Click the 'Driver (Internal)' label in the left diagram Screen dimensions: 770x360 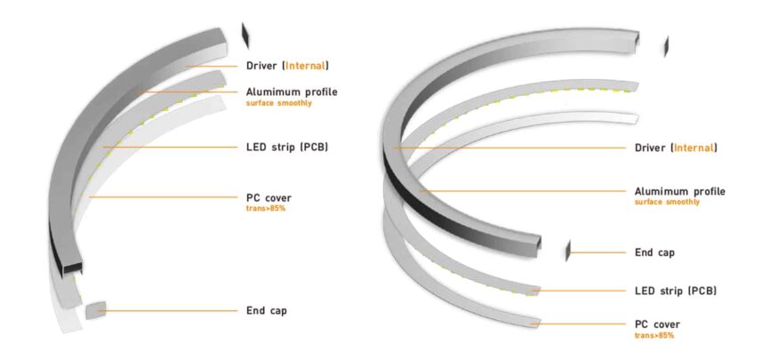pyautogui.click(x=287, y=66)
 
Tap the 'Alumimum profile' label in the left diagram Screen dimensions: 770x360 pyautogui.click(x=292, y=92)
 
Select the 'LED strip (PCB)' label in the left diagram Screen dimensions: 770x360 pyautogui.click(x=287, y=147)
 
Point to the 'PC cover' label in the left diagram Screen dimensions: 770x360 pyautogui.click(x=269, y=198)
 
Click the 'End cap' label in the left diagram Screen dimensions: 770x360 pyautogui.click(x=266, y=310)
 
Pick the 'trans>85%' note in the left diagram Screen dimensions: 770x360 pyautogui.click(x=266, y=208)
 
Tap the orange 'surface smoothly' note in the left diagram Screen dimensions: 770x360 pyautogui.click(x=279, y=103)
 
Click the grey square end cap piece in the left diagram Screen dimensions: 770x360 pyautogui.click(x=95, y=310)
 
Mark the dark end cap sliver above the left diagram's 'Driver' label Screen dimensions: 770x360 pyautogui.click(x=245, y=36)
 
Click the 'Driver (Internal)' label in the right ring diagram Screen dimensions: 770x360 pyautogui.click(x=676, y=148)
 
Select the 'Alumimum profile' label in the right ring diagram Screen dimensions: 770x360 pyautogui.click(x=679, y=191)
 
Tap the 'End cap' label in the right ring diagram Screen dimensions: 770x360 pyautogui.click(x=654, y=252)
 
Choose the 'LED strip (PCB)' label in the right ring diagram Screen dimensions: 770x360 pyautogui.click(x=676, y=291)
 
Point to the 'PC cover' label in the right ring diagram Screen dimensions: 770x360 pyautogui.click(x=657, y=324)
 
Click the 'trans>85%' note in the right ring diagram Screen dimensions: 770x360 pyautogui.click(x=654, y=335)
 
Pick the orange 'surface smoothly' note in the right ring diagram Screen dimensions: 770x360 pyautogui.click(x=668, y=202)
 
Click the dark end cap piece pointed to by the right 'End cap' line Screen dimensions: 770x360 pyautogui.click(x=567, y=251)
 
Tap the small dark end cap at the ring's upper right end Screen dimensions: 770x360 pyautogui.click(x=666, y=46)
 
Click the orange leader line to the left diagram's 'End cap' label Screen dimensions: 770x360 pyautogui.click(x=171, y=311)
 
